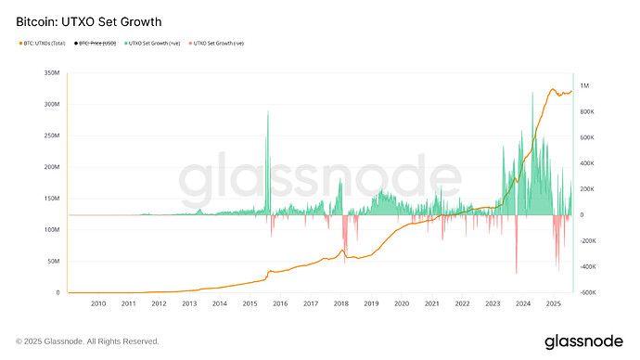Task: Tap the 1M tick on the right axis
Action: point(584,86)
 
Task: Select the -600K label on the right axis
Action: point(588,292)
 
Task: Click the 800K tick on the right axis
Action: point(587,112)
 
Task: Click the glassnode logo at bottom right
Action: point(583,341)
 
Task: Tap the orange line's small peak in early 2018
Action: point(343,251)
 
